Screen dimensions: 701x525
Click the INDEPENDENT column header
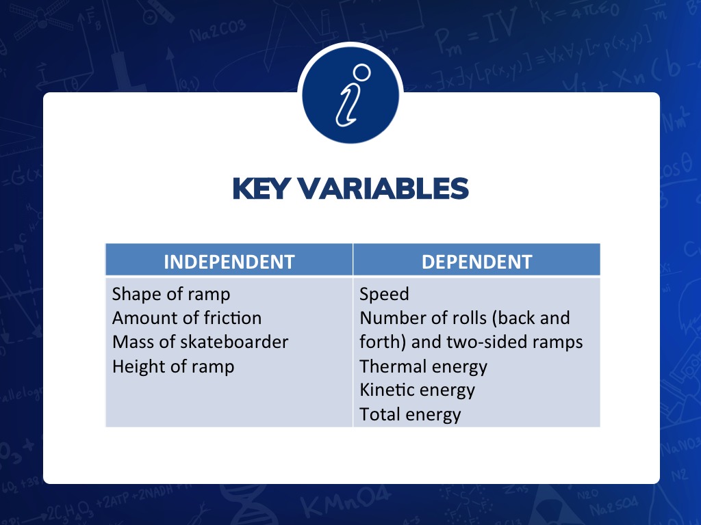coord(229,262)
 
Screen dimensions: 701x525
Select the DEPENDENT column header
coord(476,262)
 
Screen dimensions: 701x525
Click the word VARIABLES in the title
coord(383,189)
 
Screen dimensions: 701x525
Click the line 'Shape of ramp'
coord(170,295)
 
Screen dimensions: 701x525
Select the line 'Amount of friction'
coord(187,319)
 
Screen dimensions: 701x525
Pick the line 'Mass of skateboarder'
coord(201,342)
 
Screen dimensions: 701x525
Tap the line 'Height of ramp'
coord(173,367)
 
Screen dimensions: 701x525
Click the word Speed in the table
coord(384,295)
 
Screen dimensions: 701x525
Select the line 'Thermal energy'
coord(423,367)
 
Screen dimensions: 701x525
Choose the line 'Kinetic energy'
coord(417,390)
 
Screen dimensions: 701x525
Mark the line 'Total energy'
coord(410,415)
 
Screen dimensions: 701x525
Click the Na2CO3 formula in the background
coord(217,30)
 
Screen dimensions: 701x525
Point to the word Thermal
coord(393,366)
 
